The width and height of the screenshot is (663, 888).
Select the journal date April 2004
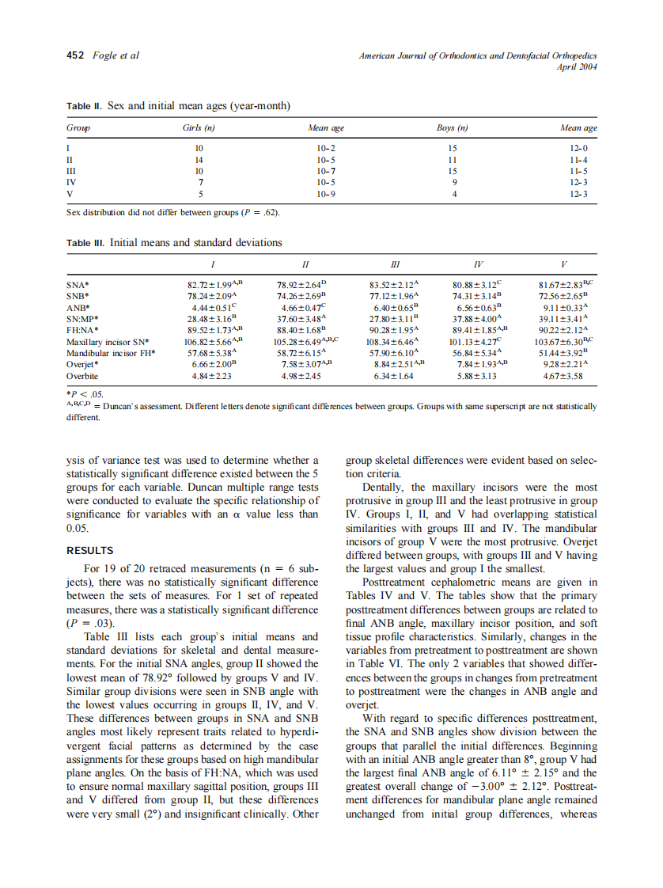point(578,66)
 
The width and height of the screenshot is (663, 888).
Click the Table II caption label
point(85,105)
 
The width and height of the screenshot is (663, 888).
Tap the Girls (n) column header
point(199,127)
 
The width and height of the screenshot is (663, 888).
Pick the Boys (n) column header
point(453,127)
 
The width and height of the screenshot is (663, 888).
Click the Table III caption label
point(87,243)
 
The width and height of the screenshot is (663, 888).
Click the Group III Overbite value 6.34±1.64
point(393,376)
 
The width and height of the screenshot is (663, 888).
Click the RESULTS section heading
point(89,550)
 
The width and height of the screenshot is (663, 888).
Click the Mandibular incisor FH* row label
point(111,353)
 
